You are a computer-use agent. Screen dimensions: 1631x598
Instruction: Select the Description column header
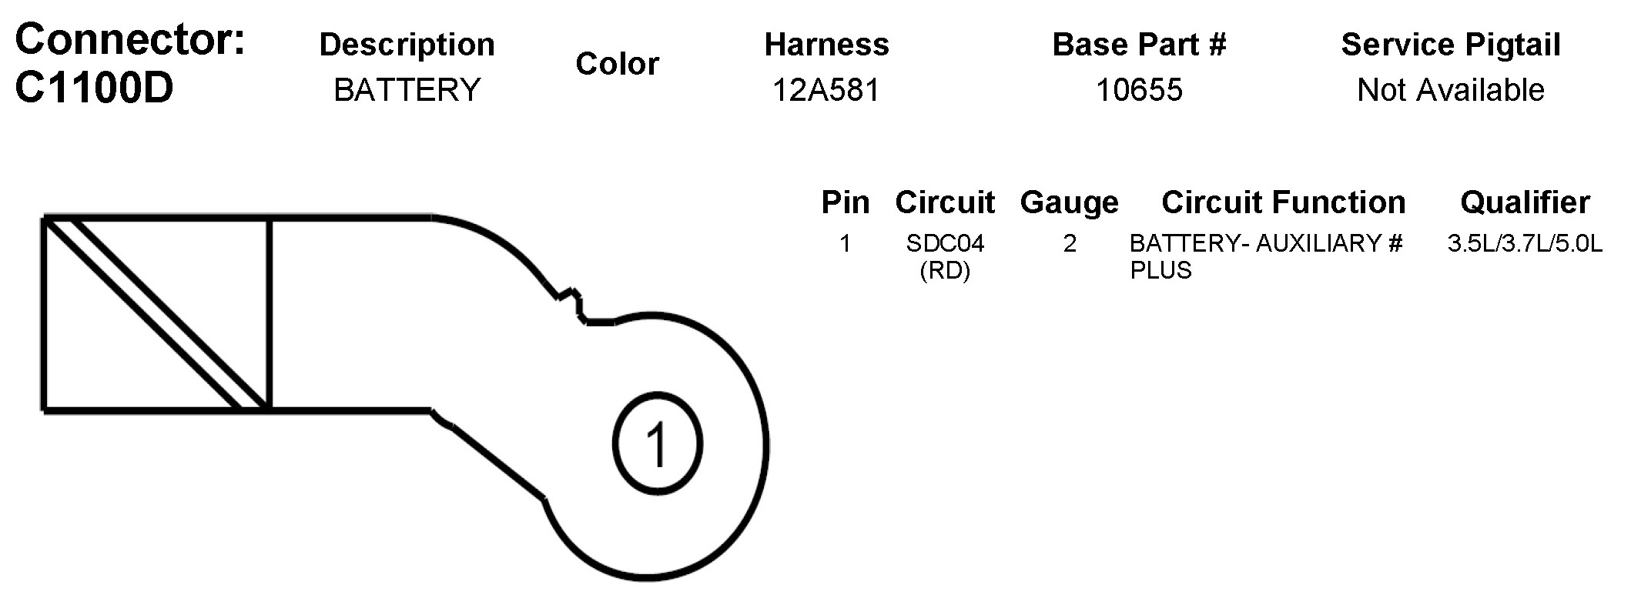pos(407,45)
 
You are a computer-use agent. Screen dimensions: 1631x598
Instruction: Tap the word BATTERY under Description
pos(407,90)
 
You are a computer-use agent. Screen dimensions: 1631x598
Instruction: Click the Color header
pos(617,64)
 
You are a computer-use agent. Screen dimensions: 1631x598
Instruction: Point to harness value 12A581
pos(826,90)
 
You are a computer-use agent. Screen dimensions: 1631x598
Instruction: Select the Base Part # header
pos(1139,45)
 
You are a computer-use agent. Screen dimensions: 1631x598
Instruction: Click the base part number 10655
pos(1139,90)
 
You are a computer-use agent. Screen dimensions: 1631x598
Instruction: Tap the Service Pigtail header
pos(1451,45)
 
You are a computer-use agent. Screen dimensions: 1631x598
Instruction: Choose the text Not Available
pos(1451,90)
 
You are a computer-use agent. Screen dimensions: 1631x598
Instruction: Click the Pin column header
pos(845,202)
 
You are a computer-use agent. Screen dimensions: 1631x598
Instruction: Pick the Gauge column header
pos(1069,202)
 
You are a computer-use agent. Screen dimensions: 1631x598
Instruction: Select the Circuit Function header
pos(1283,202)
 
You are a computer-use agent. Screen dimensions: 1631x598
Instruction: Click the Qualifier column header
pos(1525,202)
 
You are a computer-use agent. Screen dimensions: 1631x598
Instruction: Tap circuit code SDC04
pos(945,244)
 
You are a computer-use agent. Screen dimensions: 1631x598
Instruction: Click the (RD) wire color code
pos(945,271)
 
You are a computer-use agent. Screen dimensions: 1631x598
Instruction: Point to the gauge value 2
pos(1070,244)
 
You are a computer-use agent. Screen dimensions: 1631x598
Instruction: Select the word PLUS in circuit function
pos(1160,271)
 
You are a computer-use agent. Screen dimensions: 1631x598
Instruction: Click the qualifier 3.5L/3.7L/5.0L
pos(1525,244)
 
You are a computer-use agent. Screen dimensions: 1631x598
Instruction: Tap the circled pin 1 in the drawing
pos(657,444)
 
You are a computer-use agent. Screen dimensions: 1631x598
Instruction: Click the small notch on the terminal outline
pos(572,303)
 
